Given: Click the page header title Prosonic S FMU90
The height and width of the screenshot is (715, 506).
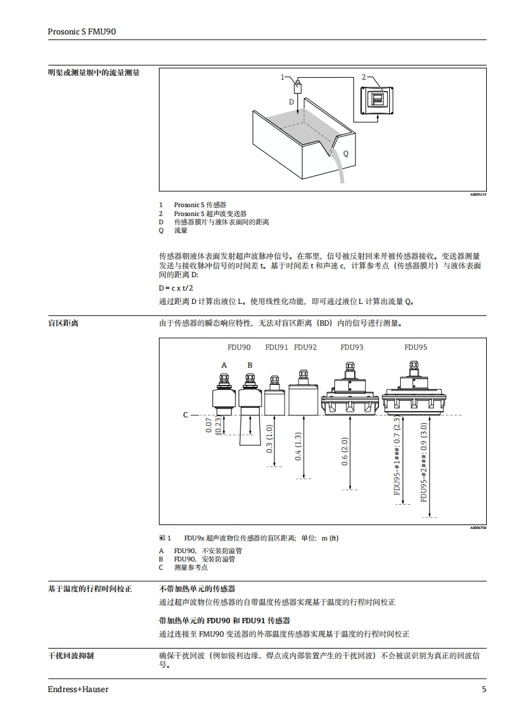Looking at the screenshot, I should click(82, 31).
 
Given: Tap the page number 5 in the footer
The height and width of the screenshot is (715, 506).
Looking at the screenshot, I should click(484, 689).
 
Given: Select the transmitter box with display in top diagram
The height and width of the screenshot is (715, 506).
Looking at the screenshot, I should click(378, 100).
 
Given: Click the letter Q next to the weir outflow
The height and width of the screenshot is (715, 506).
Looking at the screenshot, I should click(346, 154).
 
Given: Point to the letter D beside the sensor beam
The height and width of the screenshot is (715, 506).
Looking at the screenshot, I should click(292, 102).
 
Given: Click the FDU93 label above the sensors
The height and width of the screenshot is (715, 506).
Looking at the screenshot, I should click(352, 347).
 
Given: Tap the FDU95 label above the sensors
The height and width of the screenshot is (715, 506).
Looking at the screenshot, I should click(415, 347).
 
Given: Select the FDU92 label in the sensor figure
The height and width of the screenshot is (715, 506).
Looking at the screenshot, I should click(305, 347).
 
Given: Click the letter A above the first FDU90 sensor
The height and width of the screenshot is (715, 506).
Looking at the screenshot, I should click(224, 365).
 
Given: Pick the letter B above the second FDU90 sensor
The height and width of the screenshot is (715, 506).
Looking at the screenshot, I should click(250, 365).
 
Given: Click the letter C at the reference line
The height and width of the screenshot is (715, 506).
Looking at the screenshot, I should click(186, 415).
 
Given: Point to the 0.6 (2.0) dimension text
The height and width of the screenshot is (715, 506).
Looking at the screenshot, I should click(345, 452).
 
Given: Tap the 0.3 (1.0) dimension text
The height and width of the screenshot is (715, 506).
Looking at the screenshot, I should click(269, 438).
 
